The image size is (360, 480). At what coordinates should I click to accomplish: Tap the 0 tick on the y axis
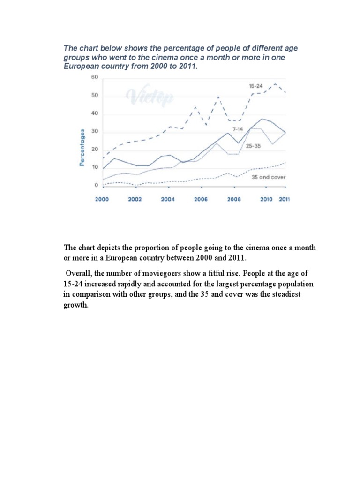click(96, 186)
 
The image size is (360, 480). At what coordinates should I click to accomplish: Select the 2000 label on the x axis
click(102, 199)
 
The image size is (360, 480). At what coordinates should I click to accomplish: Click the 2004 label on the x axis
click(168, 199)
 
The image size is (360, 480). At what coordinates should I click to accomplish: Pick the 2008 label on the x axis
click(234, 199)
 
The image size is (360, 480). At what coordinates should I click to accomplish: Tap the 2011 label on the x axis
click(285, 199)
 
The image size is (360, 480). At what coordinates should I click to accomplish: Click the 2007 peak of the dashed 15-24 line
click(218, 97)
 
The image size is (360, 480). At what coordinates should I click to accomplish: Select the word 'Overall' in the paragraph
click(77, 273)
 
